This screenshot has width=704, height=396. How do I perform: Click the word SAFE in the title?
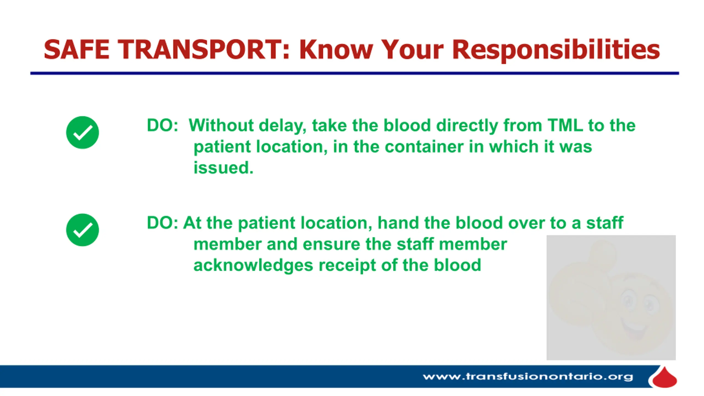tap(76, 50)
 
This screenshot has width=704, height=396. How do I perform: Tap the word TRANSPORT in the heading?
tap(204, 50)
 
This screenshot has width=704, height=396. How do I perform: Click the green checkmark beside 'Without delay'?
tap(82, 133)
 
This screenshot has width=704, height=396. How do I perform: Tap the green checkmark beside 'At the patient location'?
tap(82, 230)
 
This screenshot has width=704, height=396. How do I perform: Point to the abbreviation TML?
tap(565, 125)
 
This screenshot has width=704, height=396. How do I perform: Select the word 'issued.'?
tap(223, 168)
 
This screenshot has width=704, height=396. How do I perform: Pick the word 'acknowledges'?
tap(253, 266)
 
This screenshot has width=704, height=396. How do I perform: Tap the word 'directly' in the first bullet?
tap(467, 126)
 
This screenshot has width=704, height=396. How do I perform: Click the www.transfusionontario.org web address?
tap(528, 376)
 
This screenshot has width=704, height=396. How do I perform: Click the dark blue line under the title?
tap(355, 73)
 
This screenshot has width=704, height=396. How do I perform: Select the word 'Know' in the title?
tap(336, 50)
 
